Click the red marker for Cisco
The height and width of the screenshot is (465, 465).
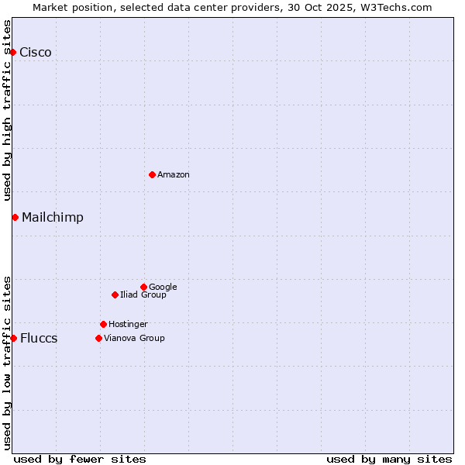click(13, 52)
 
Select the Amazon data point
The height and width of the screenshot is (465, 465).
click(152, 174)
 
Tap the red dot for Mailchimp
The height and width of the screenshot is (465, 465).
click(15, 217)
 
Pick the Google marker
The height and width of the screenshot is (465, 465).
click(143, 287)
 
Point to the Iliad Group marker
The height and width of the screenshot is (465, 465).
click(115, 294)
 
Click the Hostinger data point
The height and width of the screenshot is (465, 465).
click(103, 324)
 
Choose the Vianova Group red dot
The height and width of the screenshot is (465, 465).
click(98, 338)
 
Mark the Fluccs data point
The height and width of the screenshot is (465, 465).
click(13, 338)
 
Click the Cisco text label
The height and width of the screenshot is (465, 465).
click(36, 53)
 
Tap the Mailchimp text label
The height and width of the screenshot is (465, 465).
click(53, 218)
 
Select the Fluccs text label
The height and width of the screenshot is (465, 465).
click(39, 339)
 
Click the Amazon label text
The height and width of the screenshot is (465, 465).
click(174, 175)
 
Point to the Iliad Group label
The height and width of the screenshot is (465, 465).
click(143, 295)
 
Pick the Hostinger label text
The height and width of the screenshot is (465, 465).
click(128, 325)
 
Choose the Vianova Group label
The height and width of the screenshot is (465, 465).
click(134, 339)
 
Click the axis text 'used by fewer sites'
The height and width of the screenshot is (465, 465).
click(80, 459)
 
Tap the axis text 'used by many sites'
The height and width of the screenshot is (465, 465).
click(389, 459)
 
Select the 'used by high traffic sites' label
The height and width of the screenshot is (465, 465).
click(8, 110)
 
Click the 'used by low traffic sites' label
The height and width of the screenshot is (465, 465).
click(8, 363)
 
